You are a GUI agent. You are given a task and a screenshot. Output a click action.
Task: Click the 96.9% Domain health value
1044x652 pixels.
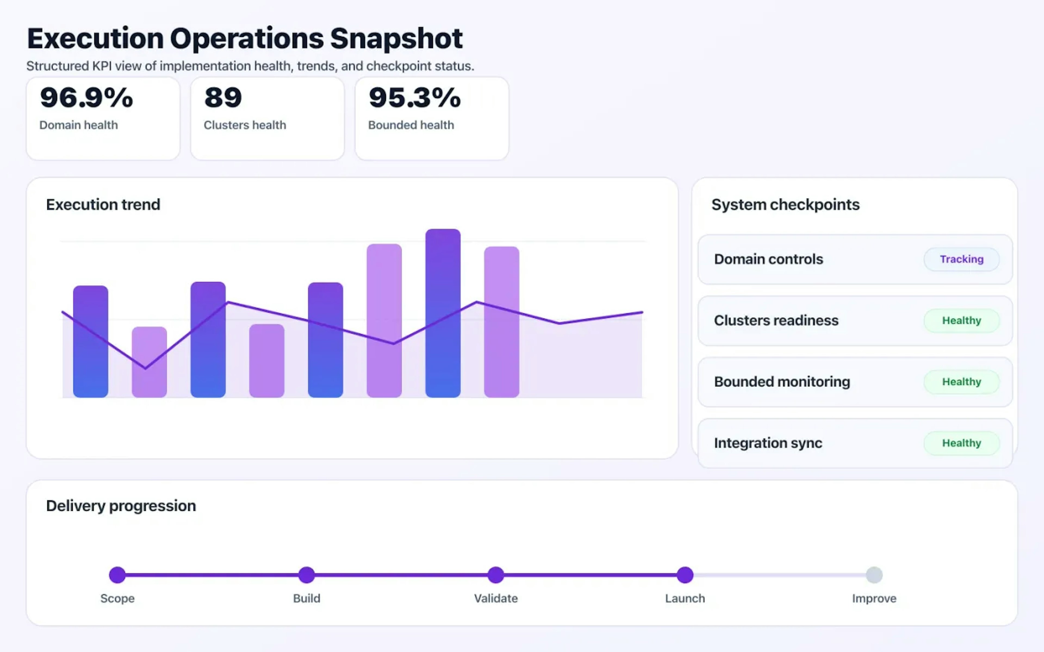(86, 98)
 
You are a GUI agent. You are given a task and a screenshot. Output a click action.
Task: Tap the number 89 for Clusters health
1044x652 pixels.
(223, 98)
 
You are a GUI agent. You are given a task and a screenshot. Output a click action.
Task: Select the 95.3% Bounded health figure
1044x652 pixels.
(415, 98)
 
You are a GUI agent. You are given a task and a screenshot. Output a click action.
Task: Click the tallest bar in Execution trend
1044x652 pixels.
(443, 315)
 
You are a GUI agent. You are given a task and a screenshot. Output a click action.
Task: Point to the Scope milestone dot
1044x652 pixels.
(117, 575)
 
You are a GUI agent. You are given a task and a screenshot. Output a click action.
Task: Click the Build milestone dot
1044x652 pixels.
(306, 575)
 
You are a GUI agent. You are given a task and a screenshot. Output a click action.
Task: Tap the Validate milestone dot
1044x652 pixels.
(496, 575)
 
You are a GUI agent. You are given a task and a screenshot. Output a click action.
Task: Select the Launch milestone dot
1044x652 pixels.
(685, 575)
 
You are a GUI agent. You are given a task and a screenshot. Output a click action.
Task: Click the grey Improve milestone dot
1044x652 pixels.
(874, 575)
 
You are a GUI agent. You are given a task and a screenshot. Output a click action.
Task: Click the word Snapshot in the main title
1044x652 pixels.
(396, 39)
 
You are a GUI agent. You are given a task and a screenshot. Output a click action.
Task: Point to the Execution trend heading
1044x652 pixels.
(103, 204)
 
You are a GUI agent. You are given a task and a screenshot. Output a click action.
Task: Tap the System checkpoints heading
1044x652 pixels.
(785, 204)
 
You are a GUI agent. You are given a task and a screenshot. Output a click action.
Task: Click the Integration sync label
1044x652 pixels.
(768, 443)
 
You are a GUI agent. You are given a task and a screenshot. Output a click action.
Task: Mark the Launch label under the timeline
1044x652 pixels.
(685, 598)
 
